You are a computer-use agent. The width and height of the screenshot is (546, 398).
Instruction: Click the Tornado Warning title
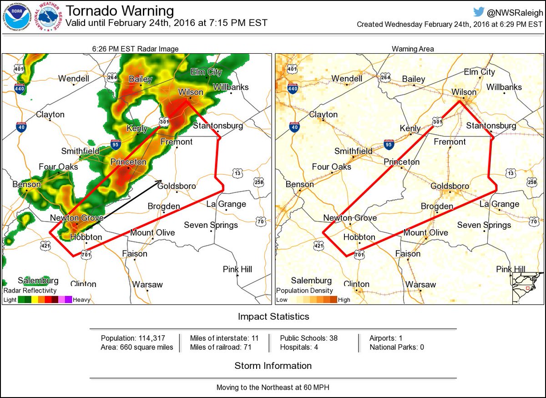point(120,11)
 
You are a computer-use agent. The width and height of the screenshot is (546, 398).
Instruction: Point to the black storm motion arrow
point(123,201)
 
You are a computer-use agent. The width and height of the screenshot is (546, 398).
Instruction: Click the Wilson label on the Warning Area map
point(463,92)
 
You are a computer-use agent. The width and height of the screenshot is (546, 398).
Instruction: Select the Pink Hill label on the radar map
point(237,269)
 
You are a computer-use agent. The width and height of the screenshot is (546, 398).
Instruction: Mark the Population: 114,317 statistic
point(133,338)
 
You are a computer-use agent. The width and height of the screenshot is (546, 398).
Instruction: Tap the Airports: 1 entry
point(386,338)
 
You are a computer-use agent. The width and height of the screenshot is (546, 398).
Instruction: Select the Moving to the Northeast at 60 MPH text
point(273,388)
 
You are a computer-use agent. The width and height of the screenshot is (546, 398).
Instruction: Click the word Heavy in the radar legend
point(81,300)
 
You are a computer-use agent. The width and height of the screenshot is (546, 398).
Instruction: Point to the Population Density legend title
point(304,290)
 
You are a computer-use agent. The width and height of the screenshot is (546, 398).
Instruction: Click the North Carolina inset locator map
point(528,287)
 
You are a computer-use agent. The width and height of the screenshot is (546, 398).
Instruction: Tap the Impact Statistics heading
point(273,317)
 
